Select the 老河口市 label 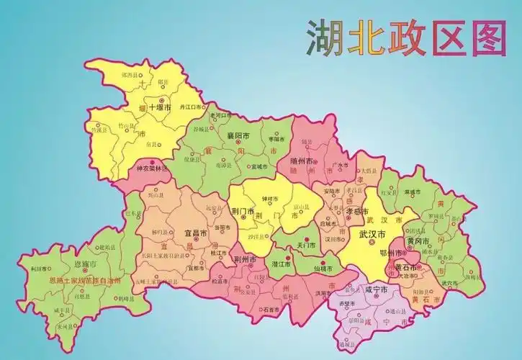tap(219, 114)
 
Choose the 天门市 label tap(307, 245)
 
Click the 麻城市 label tap(413, 192)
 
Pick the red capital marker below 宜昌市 tap(196, 243)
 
